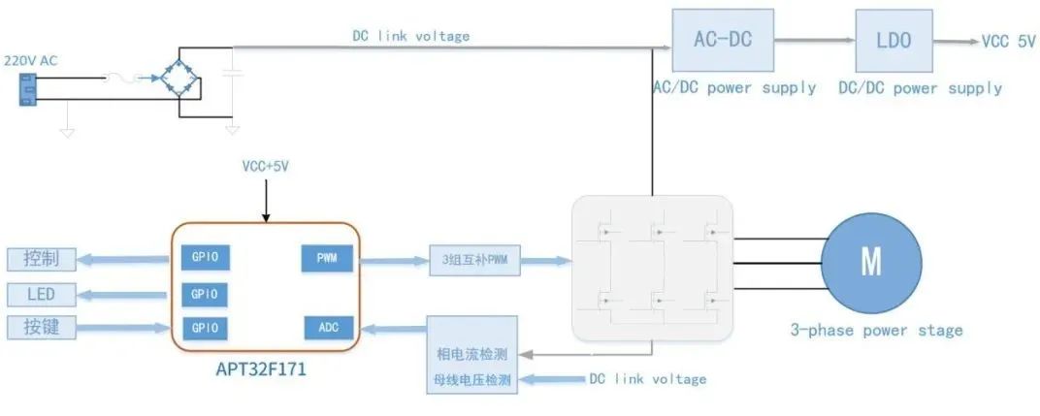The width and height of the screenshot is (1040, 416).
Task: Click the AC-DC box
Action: (723, 40)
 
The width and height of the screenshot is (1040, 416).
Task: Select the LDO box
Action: (893, 40)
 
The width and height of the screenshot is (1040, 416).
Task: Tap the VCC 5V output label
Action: (1009, 42)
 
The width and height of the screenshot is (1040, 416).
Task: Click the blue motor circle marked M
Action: (870, 263)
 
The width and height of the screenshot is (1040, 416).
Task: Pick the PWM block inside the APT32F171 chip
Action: (327, 259)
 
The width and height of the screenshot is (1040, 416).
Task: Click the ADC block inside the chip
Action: (327, 328)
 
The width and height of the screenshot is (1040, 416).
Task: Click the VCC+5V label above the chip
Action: (265, 167)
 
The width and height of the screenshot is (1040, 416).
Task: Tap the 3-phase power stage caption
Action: (875, 331)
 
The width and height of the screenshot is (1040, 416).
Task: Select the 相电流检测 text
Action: (472, 354)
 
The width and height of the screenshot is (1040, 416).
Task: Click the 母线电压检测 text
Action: (472, 379)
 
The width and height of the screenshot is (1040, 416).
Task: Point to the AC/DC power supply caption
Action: (734, 88)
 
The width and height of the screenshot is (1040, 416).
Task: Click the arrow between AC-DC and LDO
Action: (814, 41)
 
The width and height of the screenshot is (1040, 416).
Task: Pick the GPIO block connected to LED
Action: (205, 294)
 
